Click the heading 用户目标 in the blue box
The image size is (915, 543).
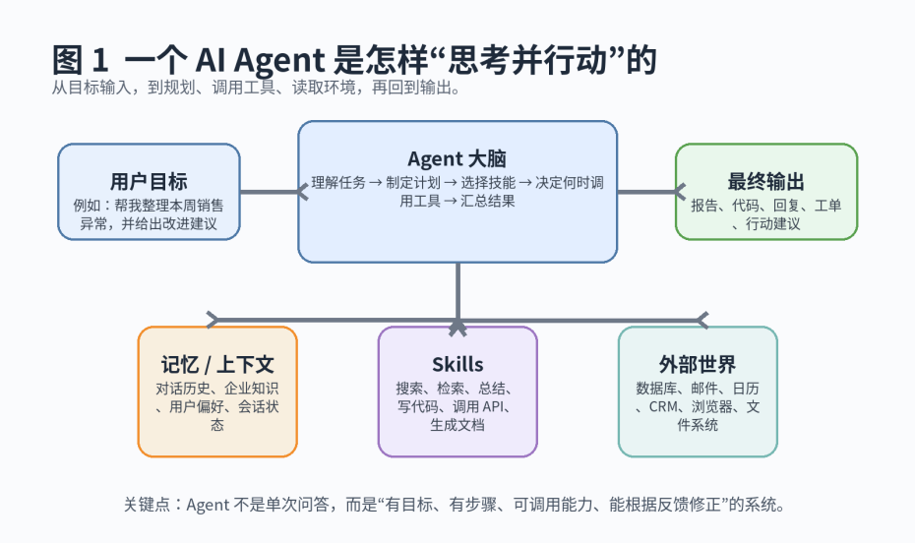click(149, 181)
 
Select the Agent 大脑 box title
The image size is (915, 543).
click(457, 158)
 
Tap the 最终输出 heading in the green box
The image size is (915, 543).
click(765, 181)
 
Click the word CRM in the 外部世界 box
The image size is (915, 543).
click(665, 406)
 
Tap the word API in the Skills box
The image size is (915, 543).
click(497, 406)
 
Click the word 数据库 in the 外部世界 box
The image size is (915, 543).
click(654, 388)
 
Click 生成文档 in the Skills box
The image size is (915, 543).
click(457, 425)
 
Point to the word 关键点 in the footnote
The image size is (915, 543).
click(146, 505)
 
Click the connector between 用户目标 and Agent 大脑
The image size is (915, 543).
click(270, 192)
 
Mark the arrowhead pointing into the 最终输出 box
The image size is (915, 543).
click(680, 192)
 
